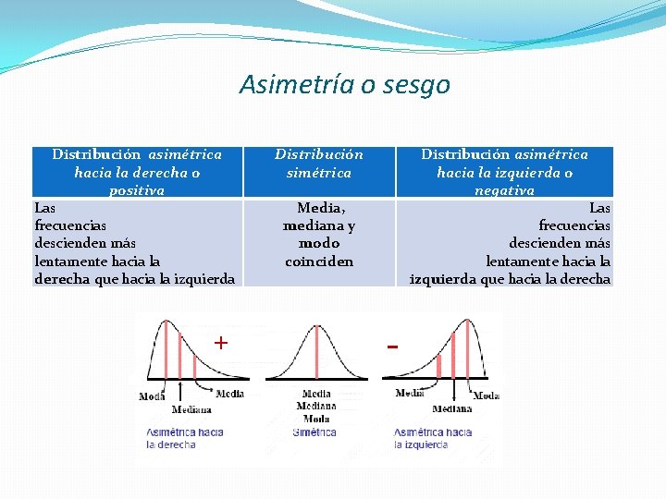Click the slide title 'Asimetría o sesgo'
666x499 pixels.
(344, 85)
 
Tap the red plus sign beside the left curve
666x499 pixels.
(221, 343)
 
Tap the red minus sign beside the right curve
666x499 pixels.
(393, 347)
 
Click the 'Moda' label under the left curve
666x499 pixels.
(152, 396)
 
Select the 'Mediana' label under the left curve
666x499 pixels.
(191, 409)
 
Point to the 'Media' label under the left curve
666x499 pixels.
(228, 394)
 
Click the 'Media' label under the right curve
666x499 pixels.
(410, 394)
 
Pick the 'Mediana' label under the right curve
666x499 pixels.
(451, 408)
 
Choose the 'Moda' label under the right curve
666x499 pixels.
(487, 396)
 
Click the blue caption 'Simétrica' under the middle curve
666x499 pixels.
(314, 432)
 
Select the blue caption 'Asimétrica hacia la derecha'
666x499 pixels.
(184, 438)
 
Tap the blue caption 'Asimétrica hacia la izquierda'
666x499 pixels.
(432, 438)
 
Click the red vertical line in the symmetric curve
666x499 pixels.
(316, 351)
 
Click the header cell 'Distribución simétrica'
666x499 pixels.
(319, 164)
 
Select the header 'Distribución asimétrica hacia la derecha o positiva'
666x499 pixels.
(137, 172)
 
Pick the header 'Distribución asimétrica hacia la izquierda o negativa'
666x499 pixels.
(504, 172)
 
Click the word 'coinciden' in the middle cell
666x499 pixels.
(319, 262)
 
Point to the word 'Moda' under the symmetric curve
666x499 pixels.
(316, 419)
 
